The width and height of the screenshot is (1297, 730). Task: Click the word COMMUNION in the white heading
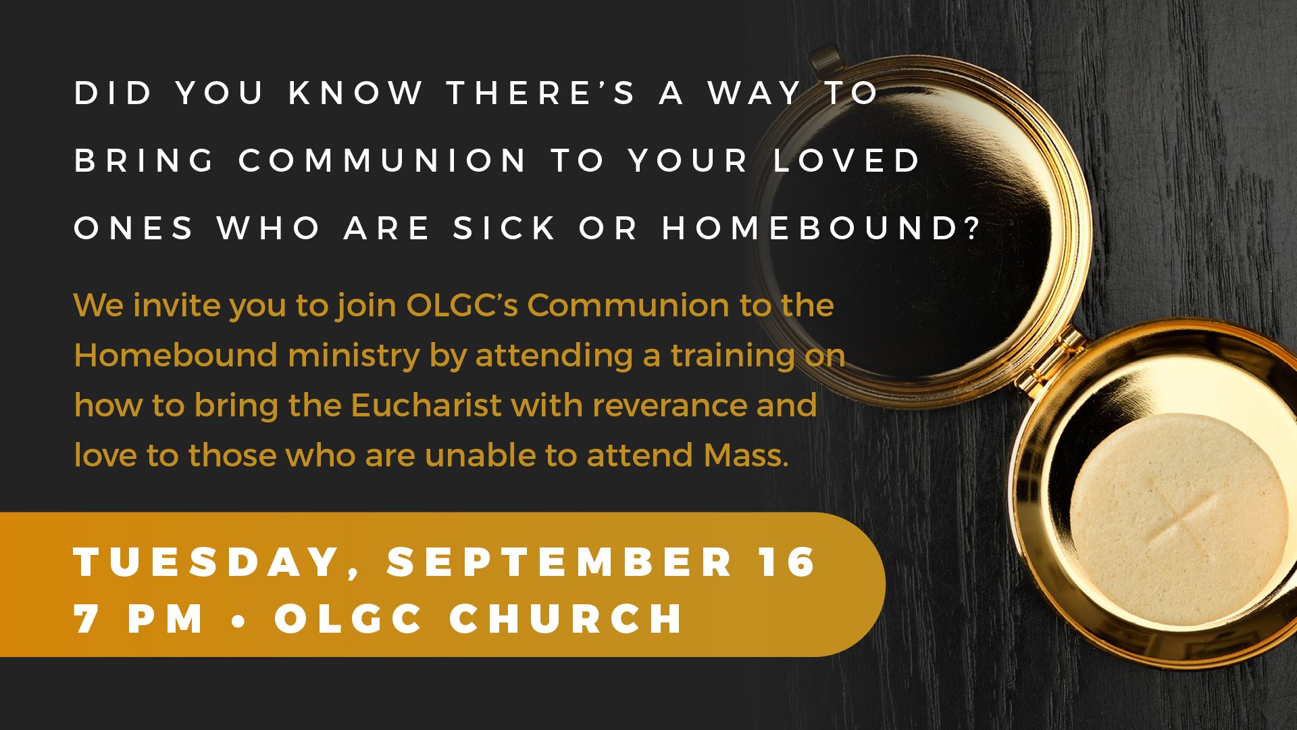click(382, 161)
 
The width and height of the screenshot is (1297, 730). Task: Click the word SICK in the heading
click(505, 228)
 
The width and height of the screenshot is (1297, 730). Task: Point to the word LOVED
click(847, 161)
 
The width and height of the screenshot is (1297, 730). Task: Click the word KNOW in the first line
click(356, 93)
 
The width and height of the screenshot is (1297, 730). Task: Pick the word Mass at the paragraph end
click(746, 456)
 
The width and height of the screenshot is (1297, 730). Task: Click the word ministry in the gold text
click(354, 356)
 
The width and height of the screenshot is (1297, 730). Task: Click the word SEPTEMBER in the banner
click(560, 562)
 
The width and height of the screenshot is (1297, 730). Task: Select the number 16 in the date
click(787, 562)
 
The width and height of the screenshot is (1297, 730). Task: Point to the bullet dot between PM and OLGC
click(239, 619)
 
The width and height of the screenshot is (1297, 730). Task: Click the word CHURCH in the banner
click(567, 619)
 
